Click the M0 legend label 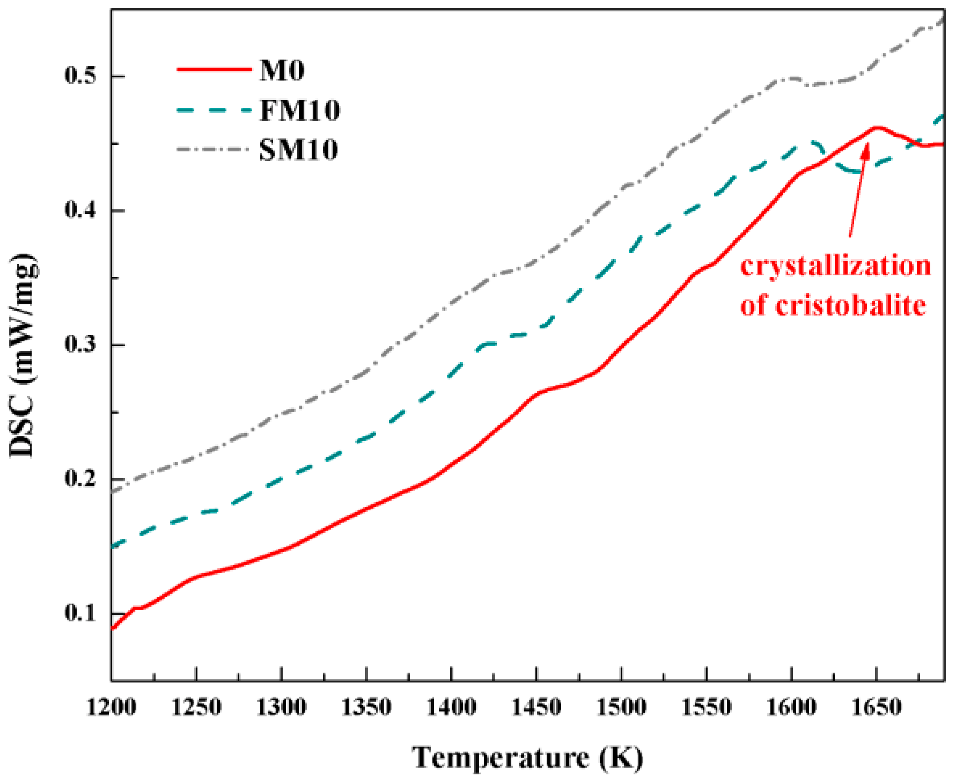coord(282,70)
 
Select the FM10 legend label coord(299,111)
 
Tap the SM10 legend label coord(298,150)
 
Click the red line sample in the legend coord(214,69)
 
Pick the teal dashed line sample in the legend coord(214,110)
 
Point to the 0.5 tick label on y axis coord(80,76)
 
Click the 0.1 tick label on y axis coord(80,613)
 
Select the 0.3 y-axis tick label coord(80,345)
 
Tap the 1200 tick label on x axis coord(112,707)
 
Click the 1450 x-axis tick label coord(536,707)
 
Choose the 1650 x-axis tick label coord(877,707)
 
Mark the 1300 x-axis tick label coord(282,707)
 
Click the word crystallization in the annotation coord(835,267)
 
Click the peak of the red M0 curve coord(876,127)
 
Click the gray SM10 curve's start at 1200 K coord(113,490)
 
